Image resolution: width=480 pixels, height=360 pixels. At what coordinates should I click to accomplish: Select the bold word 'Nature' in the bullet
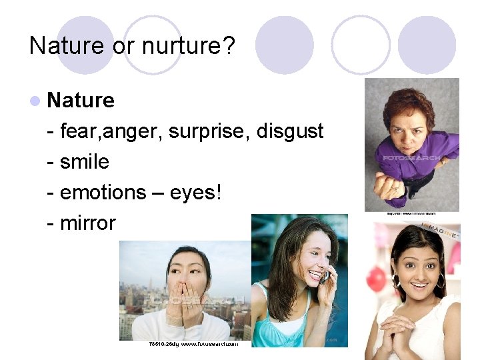(81, 101)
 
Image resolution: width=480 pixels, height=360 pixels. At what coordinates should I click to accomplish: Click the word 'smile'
(84, 162)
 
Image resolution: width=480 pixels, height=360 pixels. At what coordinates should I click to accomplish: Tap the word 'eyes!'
(199, 193)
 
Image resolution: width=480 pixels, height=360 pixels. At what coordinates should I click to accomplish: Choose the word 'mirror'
(87, 223)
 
